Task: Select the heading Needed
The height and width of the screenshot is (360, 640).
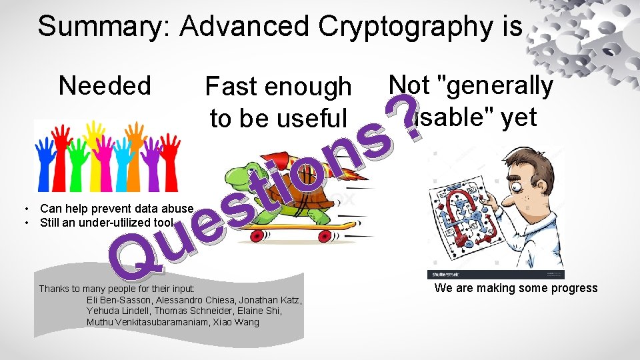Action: click(x=105, y=86)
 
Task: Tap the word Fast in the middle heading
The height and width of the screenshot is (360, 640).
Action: click(x=231, y=87)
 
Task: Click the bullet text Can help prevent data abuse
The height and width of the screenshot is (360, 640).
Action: click(x=117, y=209)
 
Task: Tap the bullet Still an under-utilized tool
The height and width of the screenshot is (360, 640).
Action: click(x=107, y=222)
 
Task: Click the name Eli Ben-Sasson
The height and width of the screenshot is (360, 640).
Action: click(x=120, y=300)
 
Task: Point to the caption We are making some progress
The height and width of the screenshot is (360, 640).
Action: click(x=516, y=288)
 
